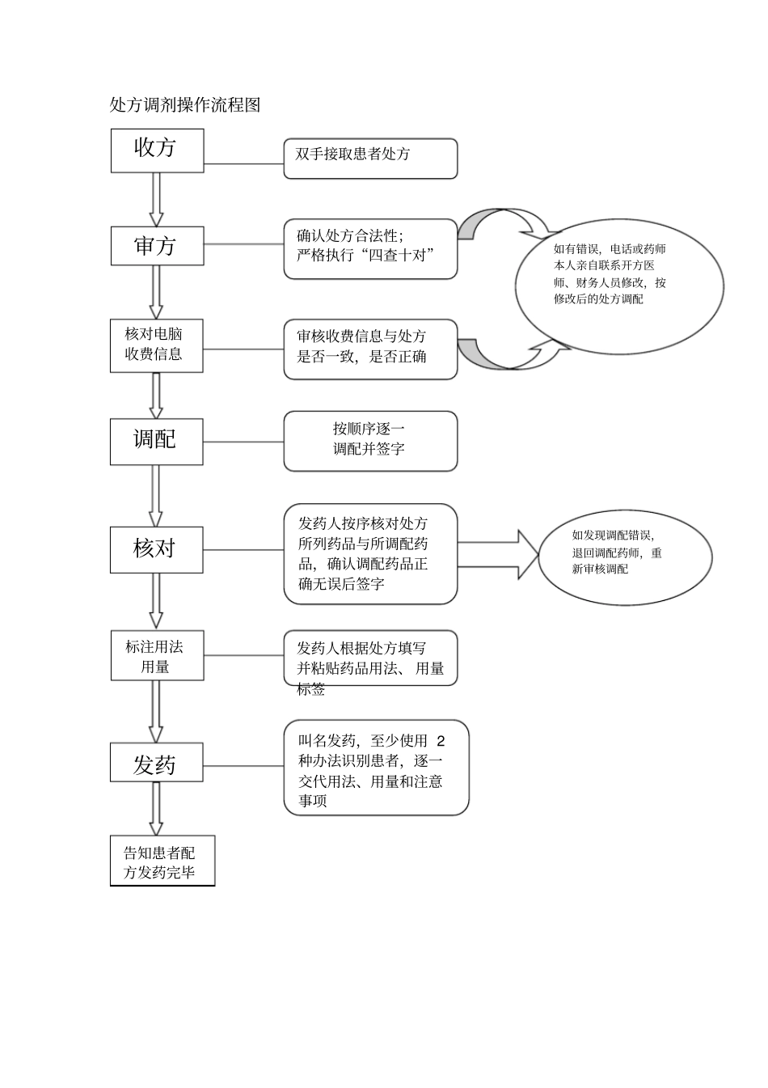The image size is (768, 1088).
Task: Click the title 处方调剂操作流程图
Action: pos(185,105)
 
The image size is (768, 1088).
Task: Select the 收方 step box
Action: pos(157,150)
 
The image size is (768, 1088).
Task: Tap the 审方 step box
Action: pos(157,246)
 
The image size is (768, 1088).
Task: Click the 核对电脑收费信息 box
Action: pos(156,345)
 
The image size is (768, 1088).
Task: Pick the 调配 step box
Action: pos(156,441)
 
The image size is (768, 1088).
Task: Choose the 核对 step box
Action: pos(156,550)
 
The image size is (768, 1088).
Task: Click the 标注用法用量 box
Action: pos(157,656)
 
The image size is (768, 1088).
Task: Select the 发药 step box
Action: pos(156,764)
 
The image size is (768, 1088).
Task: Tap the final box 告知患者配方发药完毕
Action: pos(162,862)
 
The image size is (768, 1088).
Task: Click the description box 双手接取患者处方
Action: pos(370,158)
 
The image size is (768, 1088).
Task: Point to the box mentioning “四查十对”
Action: pos(370,248)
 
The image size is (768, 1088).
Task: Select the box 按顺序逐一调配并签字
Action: pos(370,441)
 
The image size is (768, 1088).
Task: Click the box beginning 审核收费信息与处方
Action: pos(370,349)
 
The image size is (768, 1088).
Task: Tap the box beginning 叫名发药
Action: pos(376,768)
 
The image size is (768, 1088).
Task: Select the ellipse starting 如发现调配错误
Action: pos(625,557)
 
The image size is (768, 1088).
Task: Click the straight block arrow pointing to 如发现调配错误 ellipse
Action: pos(498,555)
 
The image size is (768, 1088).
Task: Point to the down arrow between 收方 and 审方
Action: pos(157,199)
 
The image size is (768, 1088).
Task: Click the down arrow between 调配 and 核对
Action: pos(156,496)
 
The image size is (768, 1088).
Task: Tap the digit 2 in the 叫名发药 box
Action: pos(441,741)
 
